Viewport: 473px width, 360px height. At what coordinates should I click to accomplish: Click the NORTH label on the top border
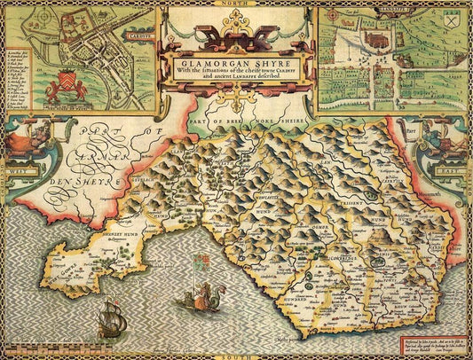click(x=237, y=4)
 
